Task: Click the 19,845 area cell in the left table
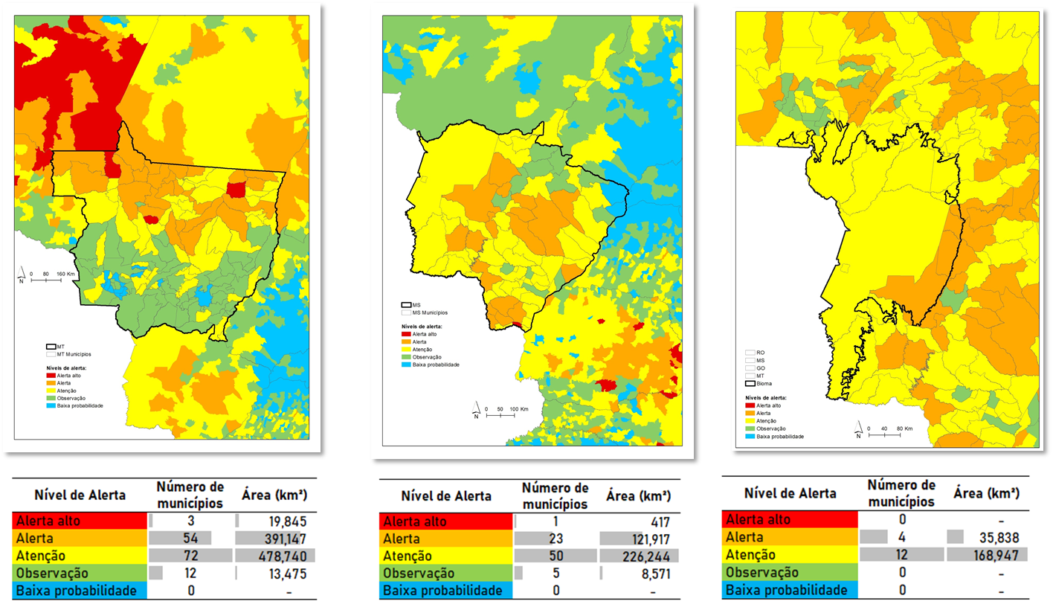[x=287, y=521]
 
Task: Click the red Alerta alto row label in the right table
[x=757, y=519]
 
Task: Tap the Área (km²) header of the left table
[x=274, y=495]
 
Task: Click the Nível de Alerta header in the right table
[x=790, y=493]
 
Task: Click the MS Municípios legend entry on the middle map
[x=430, y=312]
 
